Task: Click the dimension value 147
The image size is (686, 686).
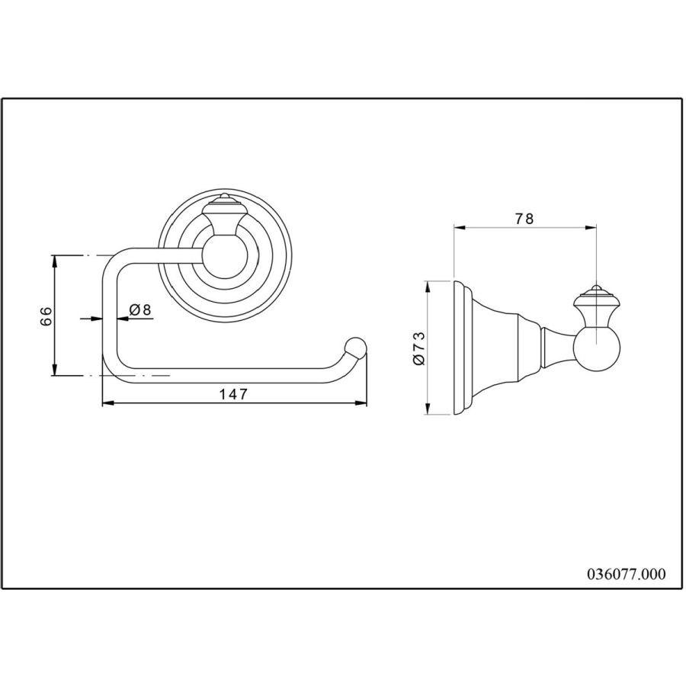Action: click(233, 394)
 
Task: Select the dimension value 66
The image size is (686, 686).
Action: click(46, 316)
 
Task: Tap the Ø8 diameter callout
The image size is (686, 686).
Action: click(139, 309)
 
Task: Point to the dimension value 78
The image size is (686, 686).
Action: click(524, 218)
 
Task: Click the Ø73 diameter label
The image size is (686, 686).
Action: click(418, 348)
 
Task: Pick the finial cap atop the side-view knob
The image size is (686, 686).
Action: click(595, 294)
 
